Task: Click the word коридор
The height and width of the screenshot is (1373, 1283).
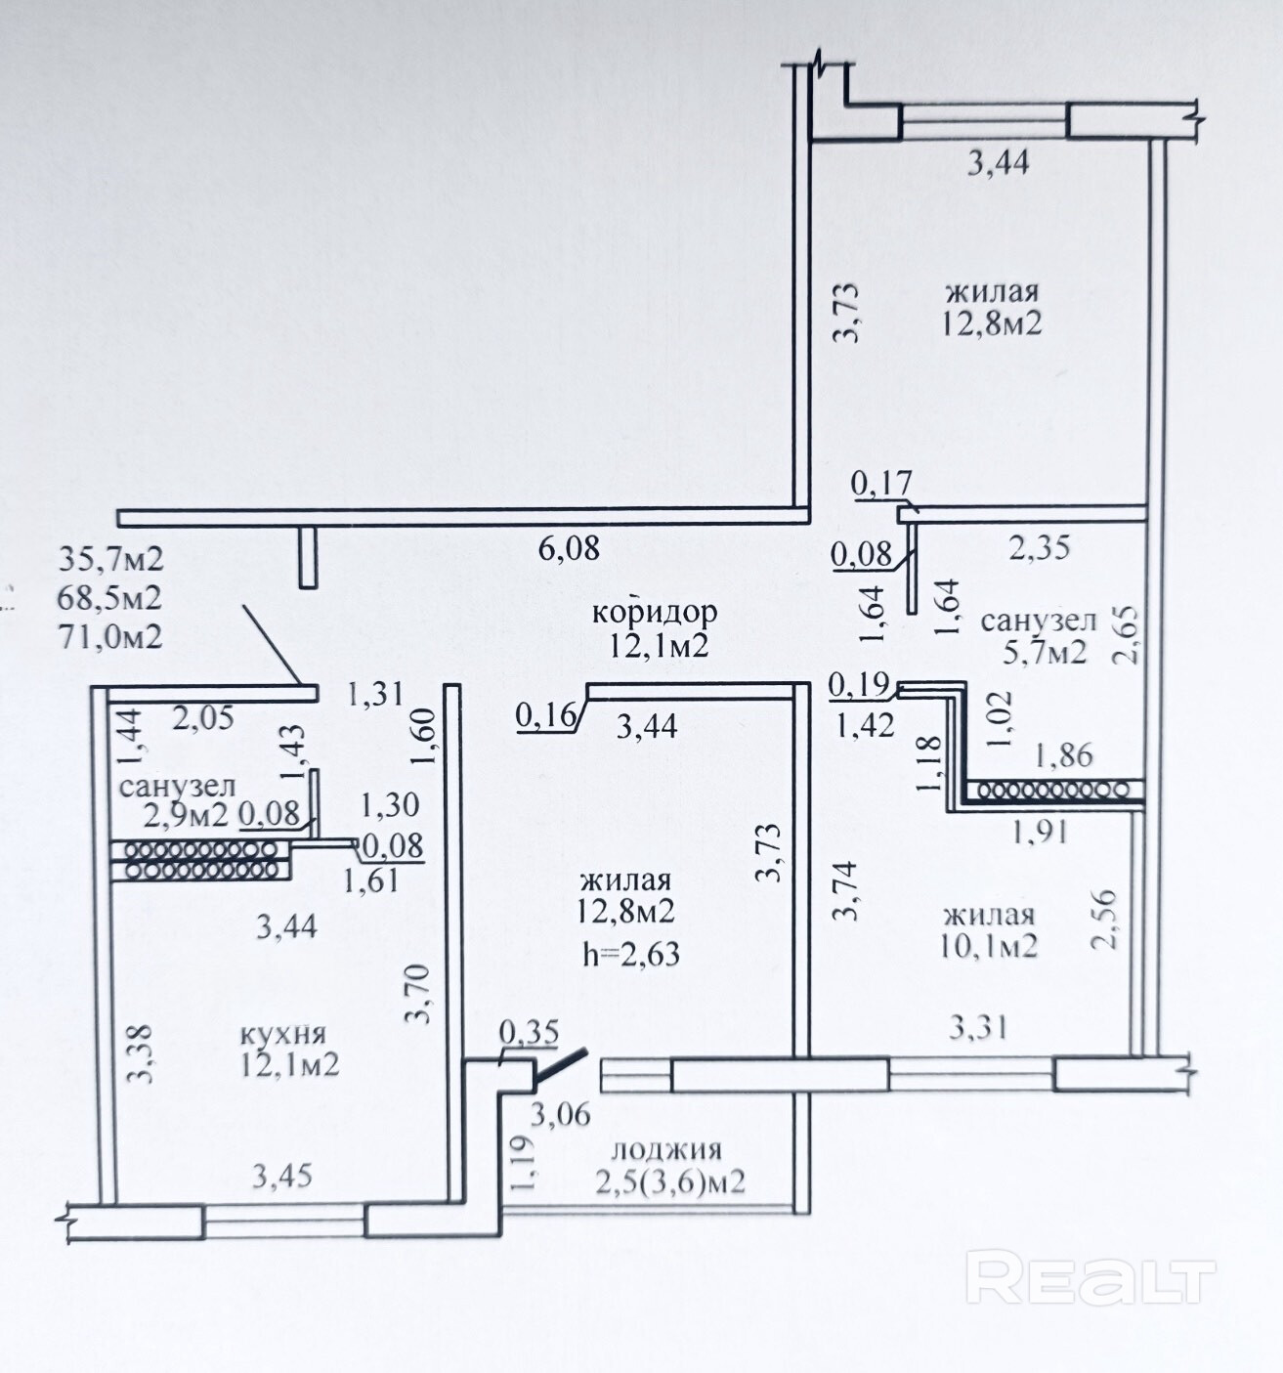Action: pos(655,613)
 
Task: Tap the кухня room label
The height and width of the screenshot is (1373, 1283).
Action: pos(282,1034)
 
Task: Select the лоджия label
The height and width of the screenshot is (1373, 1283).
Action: pos(670,1149)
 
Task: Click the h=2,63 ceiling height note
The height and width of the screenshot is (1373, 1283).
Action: pos(630,953)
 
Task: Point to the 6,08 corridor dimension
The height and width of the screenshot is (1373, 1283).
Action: pos(570,548)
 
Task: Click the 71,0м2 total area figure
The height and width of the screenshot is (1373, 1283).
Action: pos(110,636)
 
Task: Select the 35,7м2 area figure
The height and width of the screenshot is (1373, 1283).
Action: pos(110,559)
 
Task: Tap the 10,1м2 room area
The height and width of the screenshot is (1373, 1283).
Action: pos(989,946)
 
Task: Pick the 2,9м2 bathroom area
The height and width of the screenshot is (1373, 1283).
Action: pos(187,813)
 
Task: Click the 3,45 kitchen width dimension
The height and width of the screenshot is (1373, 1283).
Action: pos(282,1175)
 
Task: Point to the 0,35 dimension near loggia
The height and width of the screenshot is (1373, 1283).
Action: pos(529,1032)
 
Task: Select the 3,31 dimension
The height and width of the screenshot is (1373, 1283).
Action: pos(977,1027)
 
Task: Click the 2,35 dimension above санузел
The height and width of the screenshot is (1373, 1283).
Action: pos(1040,547)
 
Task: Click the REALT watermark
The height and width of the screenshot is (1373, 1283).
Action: pos(1090,1277)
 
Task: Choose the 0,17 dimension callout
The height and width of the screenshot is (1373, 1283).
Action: pos(881,482)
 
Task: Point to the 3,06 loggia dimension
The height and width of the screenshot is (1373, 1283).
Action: pos(561,1113)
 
